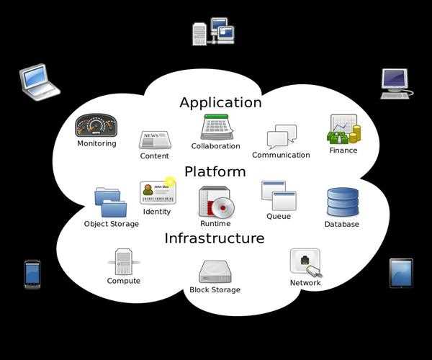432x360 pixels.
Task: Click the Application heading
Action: click(220, 102)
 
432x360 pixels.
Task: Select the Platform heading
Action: click(215, 171)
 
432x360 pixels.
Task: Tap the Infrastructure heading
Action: click(215, 238)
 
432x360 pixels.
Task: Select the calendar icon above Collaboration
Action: click(215, 127)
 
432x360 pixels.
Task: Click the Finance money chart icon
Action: click(343, 130)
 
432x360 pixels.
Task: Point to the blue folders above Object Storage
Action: click(110, 202)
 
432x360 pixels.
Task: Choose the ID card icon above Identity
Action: click(158, 193)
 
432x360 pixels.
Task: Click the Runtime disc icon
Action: click(216, 202)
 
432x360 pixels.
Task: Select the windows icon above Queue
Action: click(279, 195)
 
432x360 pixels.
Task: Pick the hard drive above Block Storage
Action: click(215, 271)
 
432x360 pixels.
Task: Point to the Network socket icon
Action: click(305, 262)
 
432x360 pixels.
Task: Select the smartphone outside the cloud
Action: click(32, 274)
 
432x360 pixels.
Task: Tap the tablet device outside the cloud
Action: click(401, 273)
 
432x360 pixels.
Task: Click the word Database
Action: click(341, 224)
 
